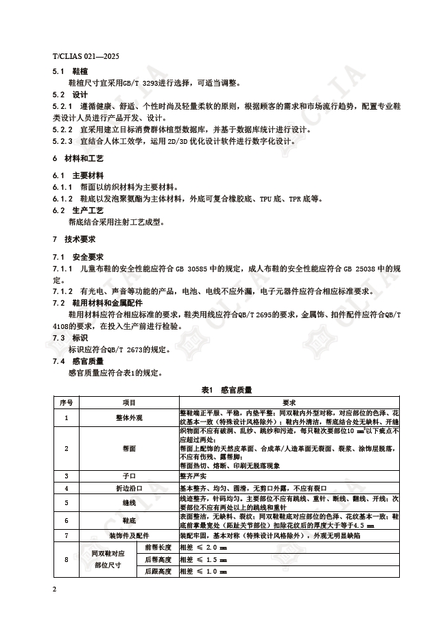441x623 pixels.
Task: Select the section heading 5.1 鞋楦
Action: click(x=69, y=71)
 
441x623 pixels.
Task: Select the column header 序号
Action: click(x=66, y=402)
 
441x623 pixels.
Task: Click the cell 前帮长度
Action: click(x=157, y=547)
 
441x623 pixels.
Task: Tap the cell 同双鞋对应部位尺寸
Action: click(x=110, y=559)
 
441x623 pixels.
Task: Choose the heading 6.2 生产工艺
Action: click(x=78, y=210)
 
